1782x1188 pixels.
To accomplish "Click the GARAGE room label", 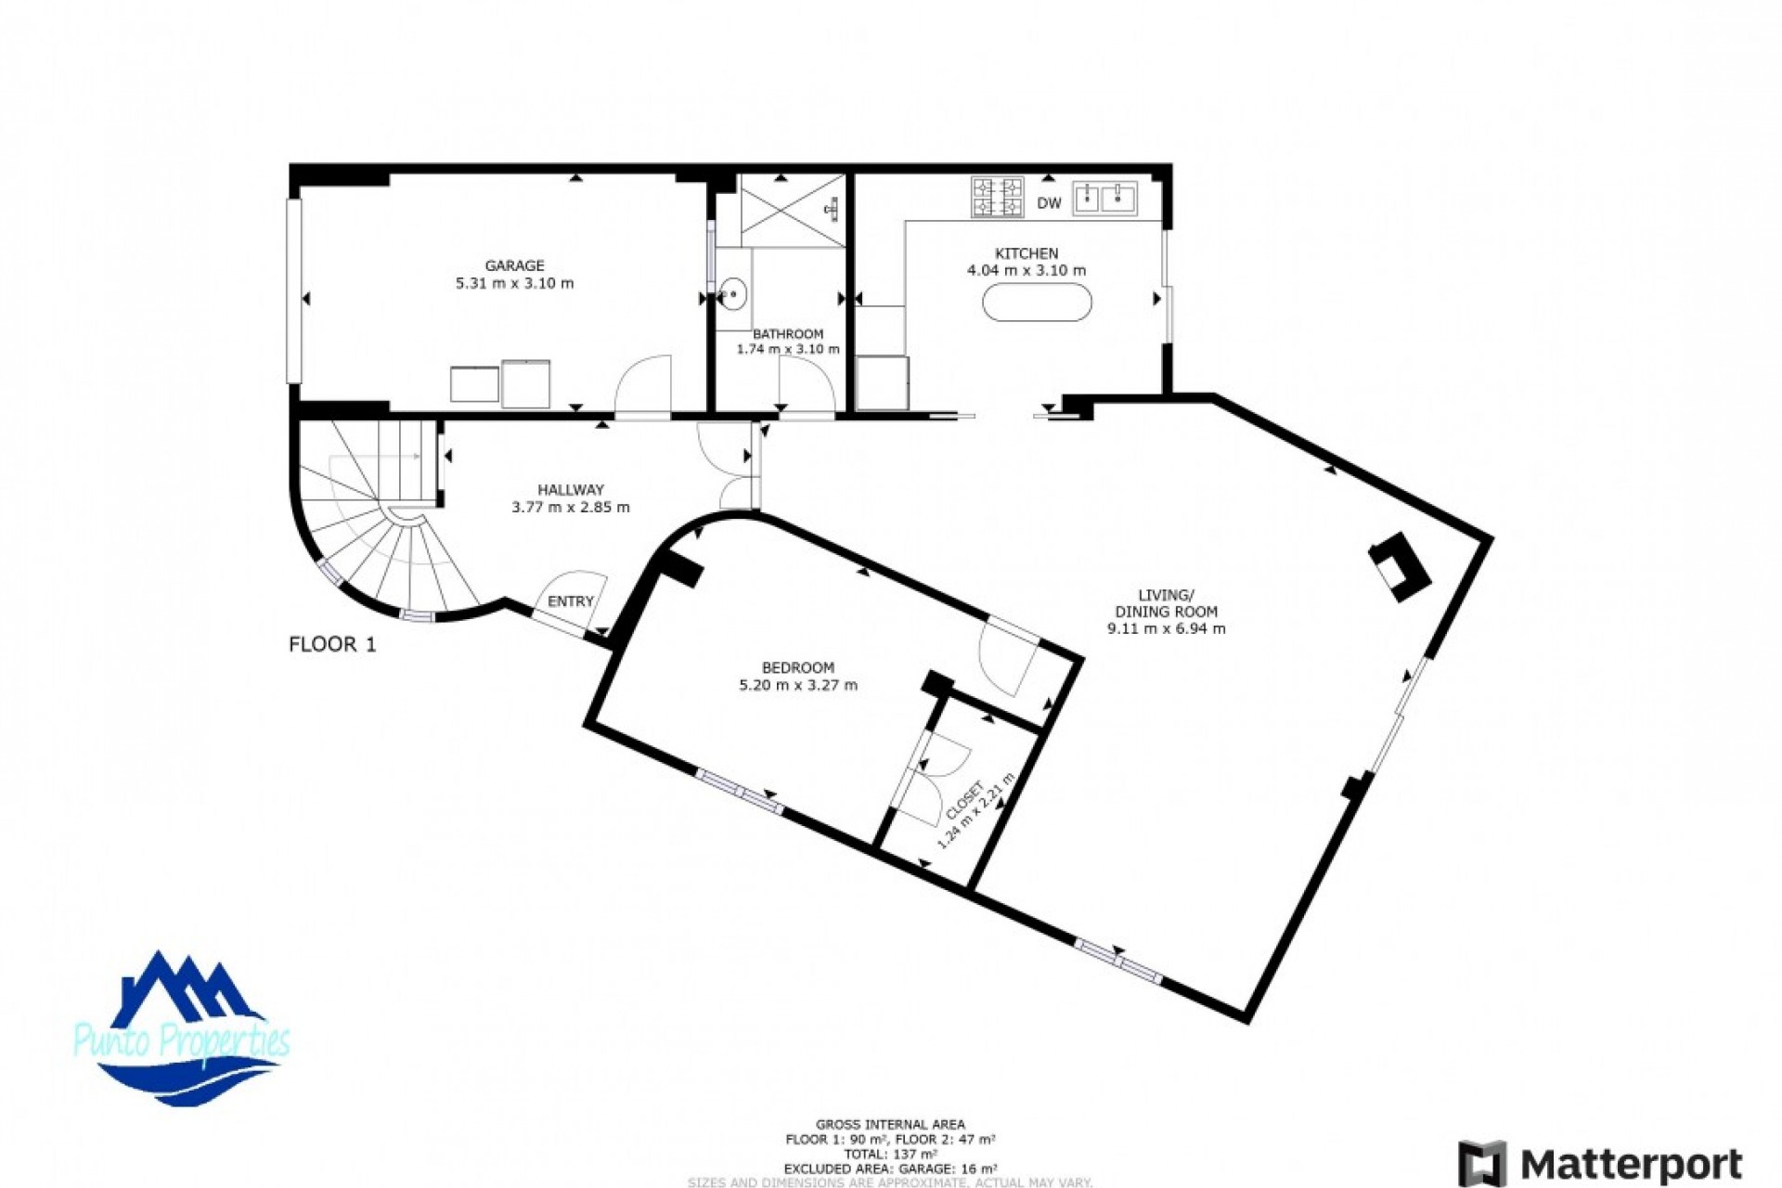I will pyautogui.click(x=514, y=265).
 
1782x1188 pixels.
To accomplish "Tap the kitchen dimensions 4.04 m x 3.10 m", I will pyautogui.click(x=1026, y=271).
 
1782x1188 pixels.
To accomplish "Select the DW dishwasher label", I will pyautogui.click(x=1049, y=203).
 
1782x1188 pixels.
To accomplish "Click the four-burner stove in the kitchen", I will pyautogui.click(x=997, y=197).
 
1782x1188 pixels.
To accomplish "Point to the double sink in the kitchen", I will pyautogui.click(x=1104, y=198).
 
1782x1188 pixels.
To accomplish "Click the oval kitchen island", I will pyautogui.click(x=1037, y=303).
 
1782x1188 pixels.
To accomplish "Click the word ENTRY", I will pyautogui.click(x=570, y=601).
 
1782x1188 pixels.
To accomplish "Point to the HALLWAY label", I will pyautogui.click(x=570, y=489).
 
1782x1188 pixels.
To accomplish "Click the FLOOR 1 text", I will pyautogui.click(x=332, y=644).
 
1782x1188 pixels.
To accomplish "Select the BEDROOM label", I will pyautogui.click(x=797, y=667).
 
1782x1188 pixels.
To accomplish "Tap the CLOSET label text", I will pyautogui.click(x=964, y=801).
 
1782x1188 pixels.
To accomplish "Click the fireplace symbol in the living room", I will pyautogui.click(x=1400, y=566).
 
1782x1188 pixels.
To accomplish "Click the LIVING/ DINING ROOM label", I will pyautogui.click(x=1166, y=603).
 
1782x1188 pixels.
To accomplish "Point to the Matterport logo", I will pyautogui.click(x=1600, y=1163).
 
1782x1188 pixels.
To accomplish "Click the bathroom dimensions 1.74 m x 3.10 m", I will pyautogui.click(x=787, y=350).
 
